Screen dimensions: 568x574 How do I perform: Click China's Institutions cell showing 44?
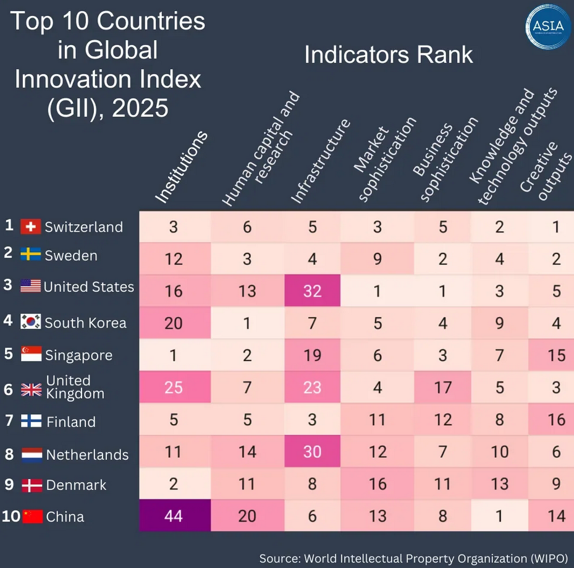point(174,515)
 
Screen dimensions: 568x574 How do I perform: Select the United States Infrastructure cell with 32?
point(312,290)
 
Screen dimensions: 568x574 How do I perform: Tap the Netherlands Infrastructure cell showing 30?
point(312,452)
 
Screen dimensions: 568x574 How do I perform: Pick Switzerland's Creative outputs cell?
point(556,227)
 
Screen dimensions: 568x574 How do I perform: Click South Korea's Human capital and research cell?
point(247,323)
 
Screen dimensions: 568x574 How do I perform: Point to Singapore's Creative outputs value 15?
point(556,355)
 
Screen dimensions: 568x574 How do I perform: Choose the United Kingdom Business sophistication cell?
point(442,388)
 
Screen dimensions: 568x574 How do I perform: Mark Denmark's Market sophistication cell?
point(377,484)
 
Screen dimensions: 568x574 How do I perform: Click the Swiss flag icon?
point(30,227)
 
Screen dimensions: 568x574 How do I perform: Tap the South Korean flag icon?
point(30,322)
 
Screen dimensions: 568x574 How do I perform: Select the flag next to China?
point(33,516)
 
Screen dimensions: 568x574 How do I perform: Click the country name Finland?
point(71,422)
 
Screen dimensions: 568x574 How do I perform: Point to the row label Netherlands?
point(87,455)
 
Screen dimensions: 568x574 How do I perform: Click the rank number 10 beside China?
point(11,516)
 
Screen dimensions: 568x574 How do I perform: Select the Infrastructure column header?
point(320,161)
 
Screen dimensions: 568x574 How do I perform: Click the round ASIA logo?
point(547,27)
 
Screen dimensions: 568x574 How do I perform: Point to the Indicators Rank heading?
point(389,55)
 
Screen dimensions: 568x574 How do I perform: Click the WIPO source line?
point(413,558)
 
